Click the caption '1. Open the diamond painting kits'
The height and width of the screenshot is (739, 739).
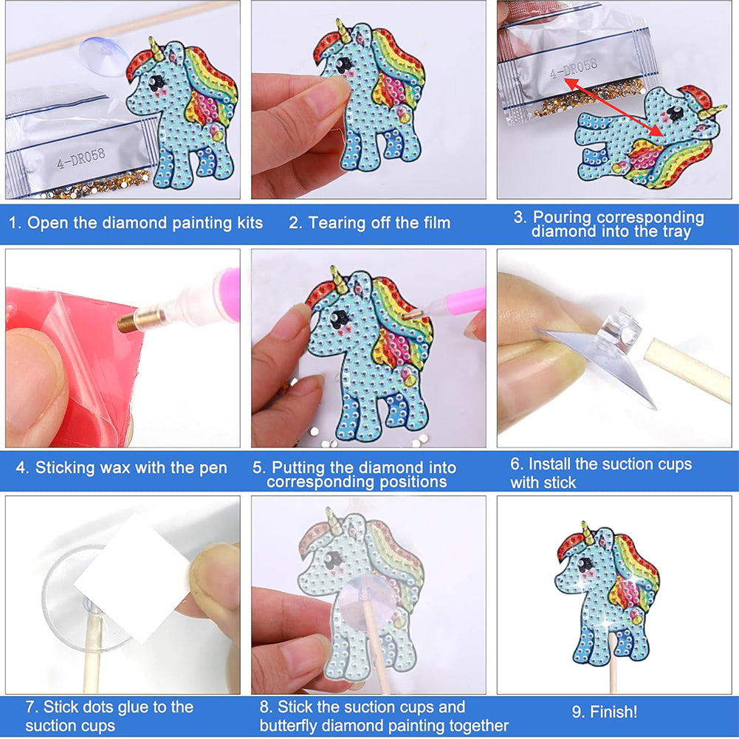point(136,223)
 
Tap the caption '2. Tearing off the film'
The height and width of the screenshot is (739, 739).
point(369,223)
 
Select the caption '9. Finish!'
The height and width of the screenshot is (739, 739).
point(604,712)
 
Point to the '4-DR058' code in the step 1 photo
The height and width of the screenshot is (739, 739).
point(81,159)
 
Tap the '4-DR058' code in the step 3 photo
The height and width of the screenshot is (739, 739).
point(574,69)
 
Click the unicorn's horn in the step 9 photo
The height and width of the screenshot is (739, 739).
point(586,531)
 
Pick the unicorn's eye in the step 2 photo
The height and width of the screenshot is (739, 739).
point(343,63)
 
